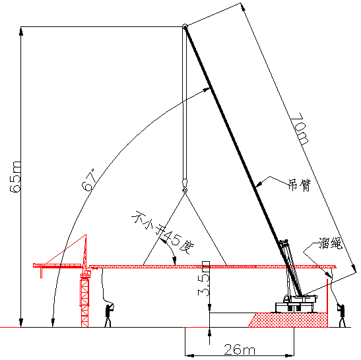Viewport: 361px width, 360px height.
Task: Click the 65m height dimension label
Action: tap(15, 177)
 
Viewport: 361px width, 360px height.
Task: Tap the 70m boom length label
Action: tap(300, 129)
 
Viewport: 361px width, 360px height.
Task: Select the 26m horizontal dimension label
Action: tap(240, 349)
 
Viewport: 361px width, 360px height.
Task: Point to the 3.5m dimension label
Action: tap(204, 278)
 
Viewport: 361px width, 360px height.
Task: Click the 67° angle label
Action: tap(89, 180)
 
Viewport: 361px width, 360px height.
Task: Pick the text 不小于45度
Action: tap(163, 232)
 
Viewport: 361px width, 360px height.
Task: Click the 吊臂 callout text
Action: tap(300, 185)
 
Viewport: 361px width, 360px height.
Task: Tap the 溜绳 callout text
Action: tap(331, 243)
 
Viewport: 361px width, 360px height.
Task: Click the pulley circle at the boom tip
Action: tap(185, 26)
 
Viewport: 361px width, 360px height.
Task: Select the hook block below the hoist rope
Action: tap(185, 186)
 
